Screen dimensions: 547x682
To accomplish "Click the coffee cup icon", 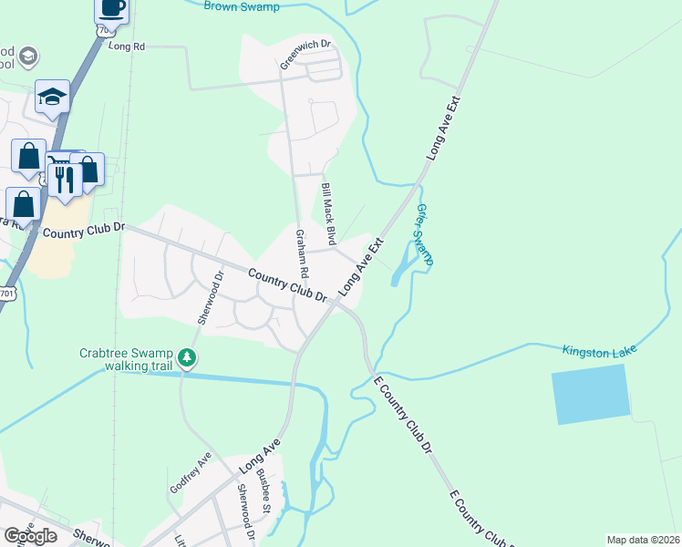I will pyautogui.click(x=111, y=8).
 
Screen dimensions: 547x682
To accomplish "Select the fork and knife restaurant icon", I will pyautogui.click(x=64, y=179).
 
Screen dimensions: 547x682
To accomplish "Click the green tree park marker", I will pyautogui.click(x=186, y=356).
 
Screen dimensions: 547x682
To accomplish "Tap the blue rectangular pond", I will pyautogui.click(x=591, y=394).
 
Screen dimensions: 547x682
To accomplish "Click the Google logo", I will pyautogui.click(x=30, y=536).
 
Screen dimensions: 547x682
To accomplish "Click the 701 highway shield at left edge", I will pyautogui.click(x=7, y=293).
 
